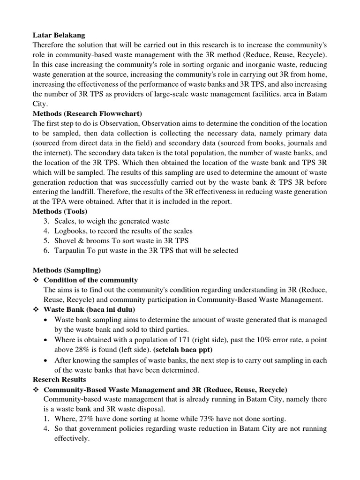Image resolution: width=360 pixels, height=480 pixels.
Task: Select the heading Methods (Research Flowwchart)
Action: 87,113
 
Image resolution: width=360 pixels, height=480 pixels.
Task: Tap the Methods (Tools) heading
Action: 60,211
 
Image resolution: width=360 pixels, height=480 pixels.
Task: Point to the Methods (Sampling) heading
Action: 67,270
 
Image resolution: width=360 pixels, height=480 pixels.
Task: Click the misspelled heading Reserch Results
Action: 59,379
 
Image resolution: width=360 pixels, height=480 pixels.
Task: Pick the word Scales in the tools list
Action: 66,221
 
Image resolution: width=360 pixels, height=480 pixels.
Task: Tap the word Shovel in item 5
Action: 65,240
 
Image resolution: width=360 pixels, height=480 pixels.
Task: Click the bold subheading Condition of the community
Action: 90,280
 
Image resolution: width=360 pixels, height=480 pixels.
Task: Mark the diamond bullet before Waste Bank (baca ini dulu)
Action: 36,309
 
